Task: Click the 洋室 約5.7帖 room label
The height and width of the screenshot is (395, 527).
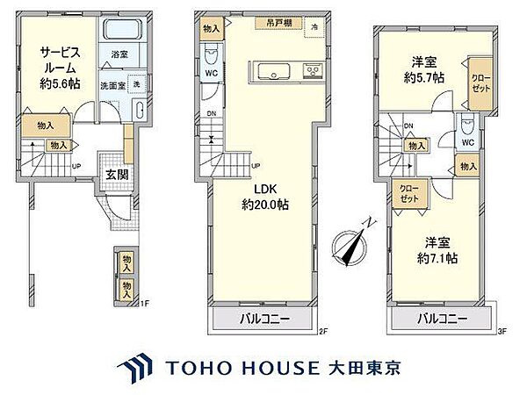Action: tap(425, 69)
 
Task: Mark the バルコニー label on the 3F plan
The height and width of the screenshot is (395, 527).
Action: tap(443, 317)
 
